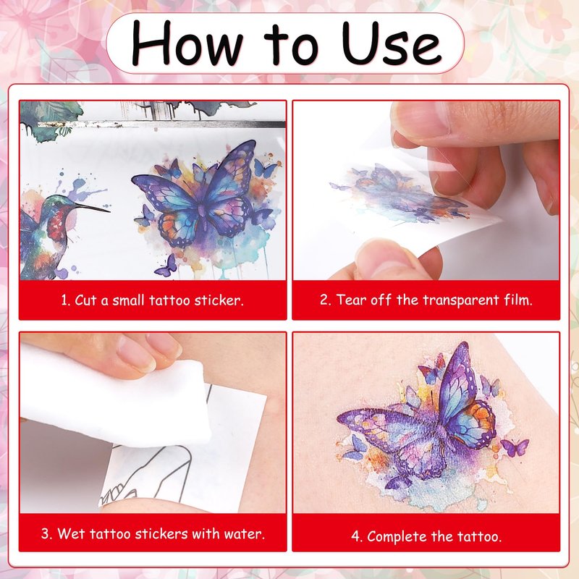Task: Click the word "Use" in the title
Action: [392, 43]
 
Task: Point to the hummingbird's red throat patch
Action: [56, 223]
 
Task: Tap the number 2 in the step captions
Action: [325, 300]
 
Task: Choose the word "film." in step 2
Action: [518, 300]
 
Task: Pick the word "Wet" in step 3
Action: [71, 533]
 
